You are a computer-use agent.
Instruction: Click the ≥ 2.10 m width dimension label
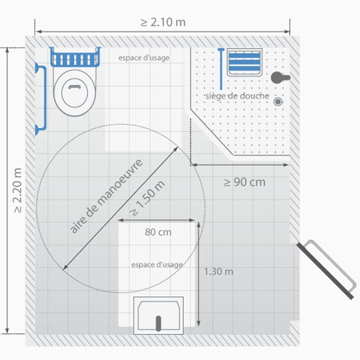(163, 22)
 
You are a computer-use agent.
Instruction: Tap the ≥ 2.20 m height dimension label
(18, 190)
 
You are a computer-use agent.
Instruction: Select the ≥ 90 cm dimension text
(245, 182)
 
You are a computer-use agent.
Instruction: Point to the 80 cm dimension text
(158, 232)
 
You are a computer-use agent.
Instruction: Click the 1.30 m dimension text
(219, 271)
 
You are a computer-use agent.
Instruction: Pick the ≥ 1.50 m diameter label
(147, 198)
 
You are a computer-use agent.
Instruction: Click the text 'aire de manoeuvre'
(106, 196)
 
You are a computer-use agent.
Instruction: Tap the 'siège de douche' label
(237, 96)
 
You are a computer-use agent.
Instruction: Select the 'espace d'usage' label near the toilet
(144, 58)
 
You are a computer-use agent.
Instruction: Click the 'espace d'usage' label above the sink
(157, 265)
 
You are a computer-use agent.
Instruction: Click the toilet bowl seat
(75, 93)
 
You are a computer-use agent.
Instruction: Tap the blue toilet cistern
(75, 57)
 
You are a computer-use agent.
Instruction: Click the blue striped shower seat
(244, 62)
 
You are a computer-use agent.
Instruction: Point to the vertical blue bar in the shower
(221, 69)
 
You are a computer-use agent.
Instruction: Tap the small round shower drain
(278, 102)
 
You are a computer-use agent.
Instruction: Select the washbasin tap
(158, 324)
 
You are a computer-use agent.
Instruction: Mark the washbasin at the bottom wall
(158, 316)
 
